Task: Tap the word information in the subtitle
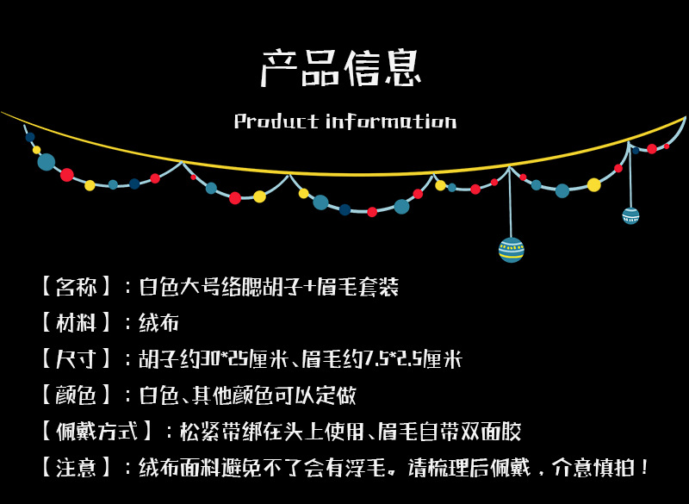point(391,121)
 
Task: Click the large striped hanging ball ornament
point(512,249)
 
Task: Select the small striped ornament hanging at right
point(630,215)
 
